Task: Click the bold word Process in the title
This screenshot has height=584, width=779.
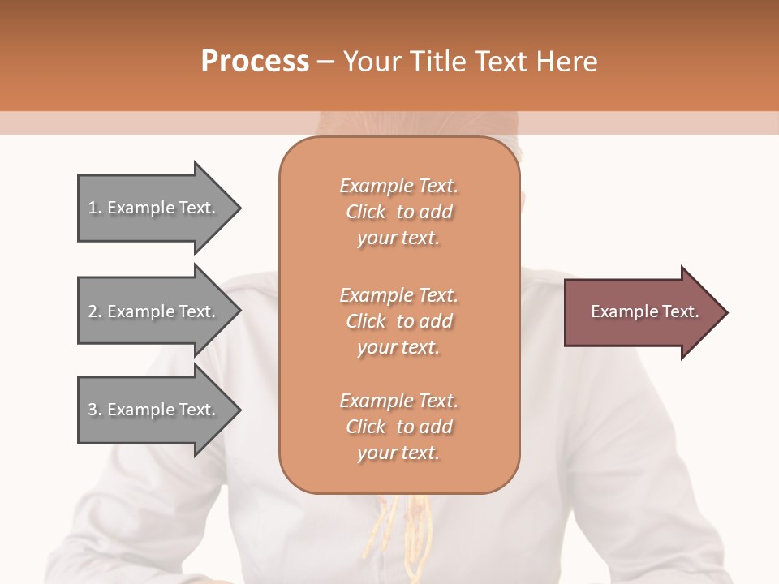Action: click(255, 61)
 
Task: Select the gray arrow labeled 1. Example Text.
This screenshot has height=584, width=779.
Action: click(154, 208)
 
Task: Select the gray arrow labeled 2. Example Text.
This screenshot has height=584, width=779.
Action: click(154, 311)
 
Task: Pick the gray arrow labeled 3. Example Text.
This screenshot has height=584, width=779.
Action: click(154, 410)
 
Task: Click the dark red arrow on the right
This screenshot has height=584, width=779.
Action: click(641, 312)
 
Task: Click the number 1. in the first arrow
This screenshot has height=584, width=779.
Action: click(94, 208)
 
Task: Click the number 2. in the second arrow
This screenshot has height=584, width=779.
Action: click(94, 311)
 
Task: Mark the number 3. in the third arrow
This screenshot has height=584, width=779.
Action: click(94, 410)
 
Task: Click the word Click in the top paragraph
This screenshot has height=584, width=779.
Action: click(366, 212)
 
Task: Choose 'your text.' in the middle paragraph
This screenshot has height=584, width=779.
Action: click(398, 347)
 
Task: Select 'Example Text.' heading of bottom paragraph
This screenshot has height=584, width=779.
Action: click(398, 401)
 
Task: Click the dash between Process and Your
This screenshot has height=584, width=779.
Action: click(325, 62)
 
